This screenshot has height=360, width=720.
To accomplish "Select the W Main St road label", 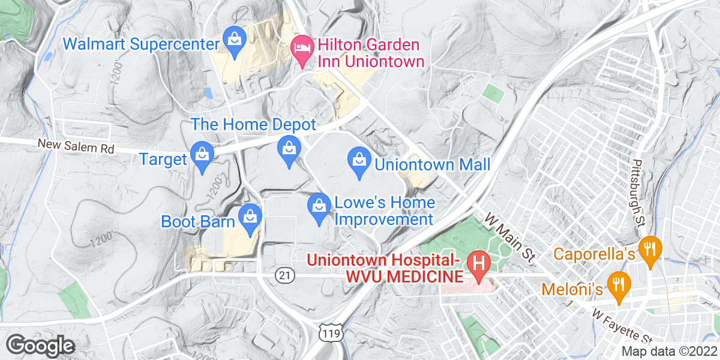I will click(509, 237).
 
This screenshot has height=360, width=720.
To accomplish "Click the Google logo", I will click(40, 346).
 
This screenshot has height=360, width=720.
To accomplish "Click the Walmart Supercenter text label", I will click(140, 44).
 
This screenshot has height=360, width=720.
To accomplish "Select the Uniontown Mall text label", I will click(433, 164).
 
